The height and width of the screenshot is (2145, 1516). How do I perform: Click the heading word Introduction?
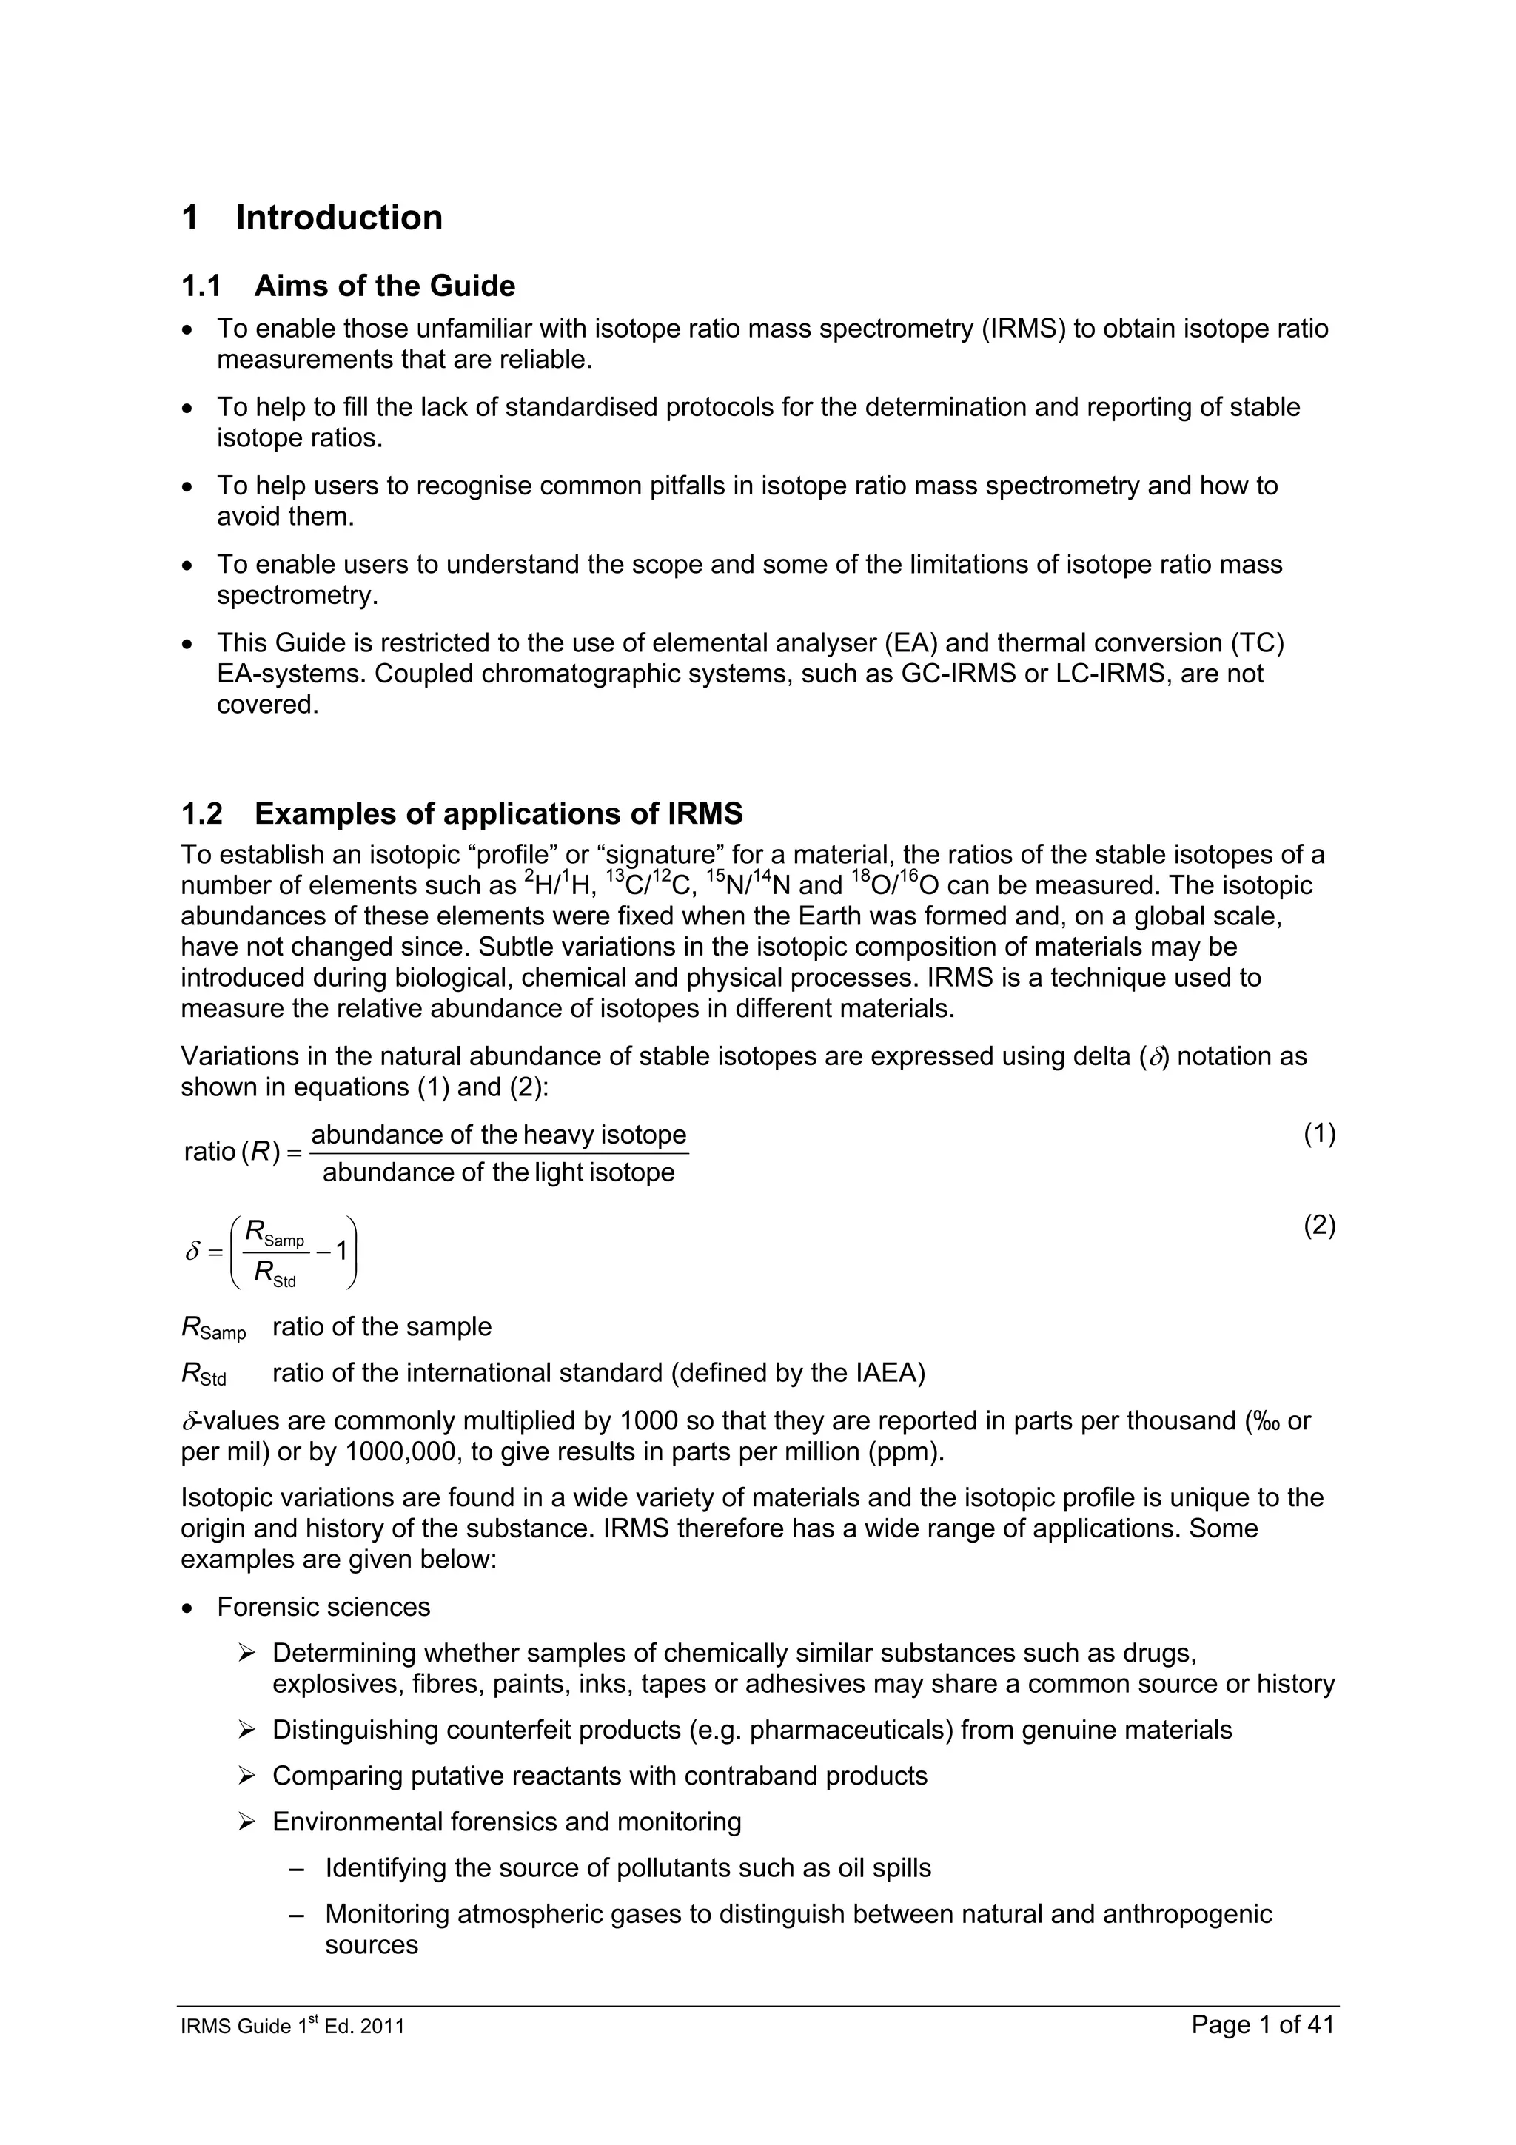pos(338,218)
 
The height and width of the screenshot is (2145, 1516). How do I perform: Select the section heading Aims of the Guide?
pos(384,286)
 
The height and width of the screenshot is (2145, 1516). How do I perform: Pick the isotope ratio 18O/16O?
pos(895,884)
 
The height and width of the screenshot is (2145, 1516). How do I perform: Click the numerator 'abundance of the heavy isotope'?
pos(498,1135)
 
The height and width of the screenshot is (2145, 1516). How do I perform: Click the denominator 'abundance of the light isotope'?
pos(498,1172)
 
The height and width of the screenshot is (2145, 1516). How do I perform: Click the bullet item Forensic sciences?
pos(323,1607)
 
